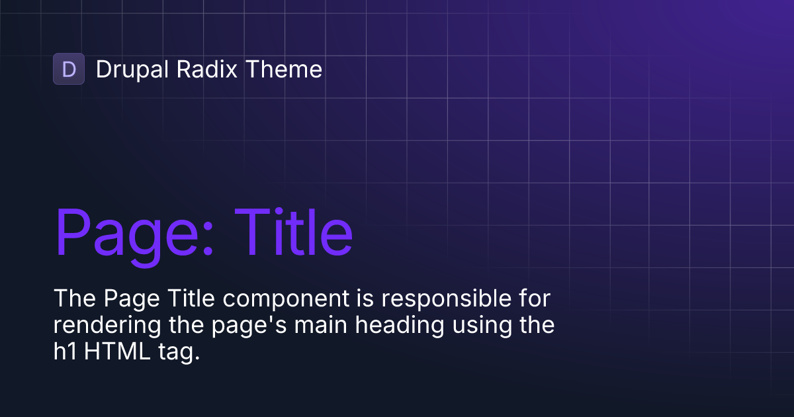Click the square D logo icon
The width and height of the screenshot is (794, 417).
coord(69,69)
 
